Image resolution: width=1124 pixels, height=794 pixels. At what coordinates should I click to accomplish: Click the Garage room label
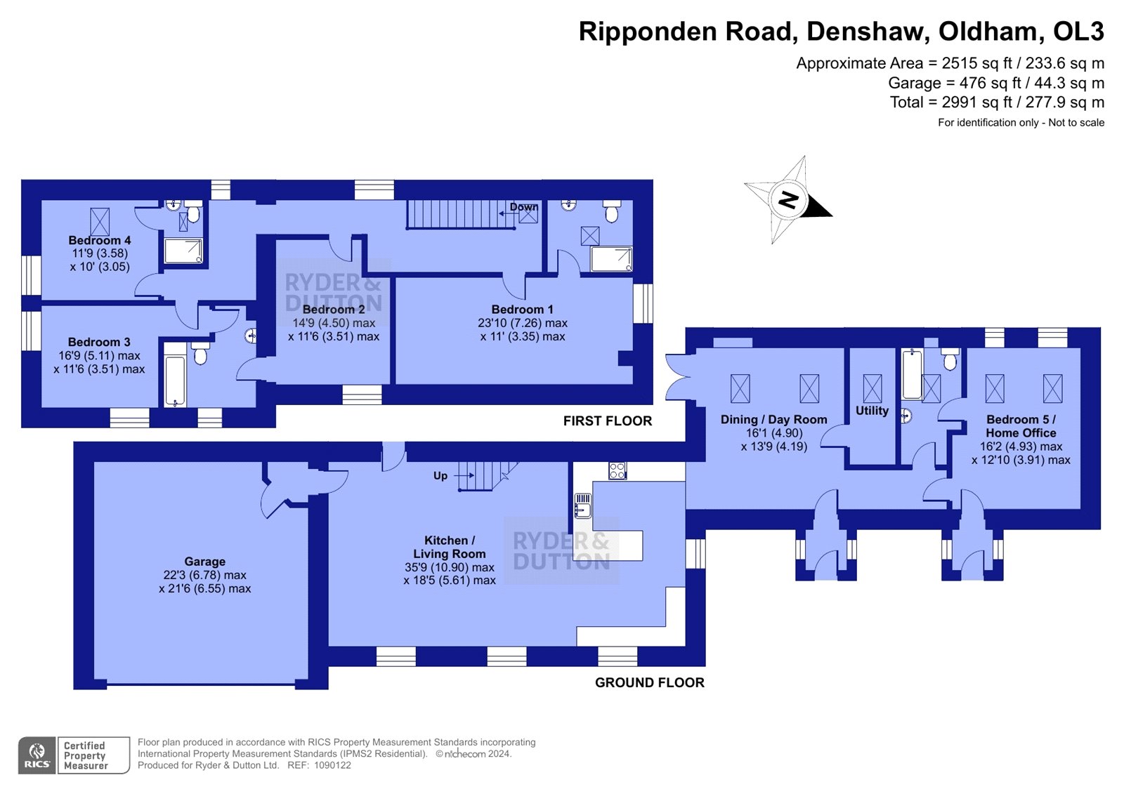click(204, 562)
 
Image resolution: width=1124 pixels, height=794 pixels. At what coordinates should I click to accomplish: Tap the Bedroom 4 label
click(100, 240)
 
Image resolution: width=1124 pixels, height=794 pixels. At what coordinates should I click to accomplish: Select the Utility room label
click(872, 411)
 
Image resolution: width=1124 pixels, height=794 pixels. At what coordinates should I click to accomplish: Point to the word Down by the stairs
click(523, 206)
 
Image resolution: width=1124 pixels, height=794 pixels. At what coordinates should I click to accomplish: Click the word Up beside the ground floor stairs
click(440, 475)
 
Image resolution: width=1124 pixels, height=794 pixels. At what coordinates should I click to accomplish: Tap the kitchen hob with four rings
click(617, 470)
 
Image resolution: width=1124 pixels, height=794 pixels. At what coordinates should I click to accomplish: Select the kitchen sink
click(583, 505)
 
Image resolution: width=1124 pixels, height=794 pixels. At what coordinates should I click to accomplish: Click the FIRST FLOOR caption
click(607, 421)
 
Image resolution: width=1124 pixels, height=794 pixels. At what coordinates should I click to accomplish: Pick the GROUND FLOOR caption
click(649, 682)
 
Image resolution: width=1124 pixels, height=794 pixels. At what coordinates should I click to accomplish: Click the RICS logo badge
click(37, 755)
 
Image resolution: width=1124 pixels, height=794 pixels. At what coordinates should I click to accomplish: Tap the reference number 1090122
click(332, 765)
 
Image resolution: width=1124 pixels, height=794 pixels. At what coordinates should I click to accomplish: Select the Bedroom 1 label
click(523, 310)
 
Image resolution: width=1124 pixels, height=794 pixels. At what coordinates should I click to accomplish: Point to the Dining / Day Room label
click(773, 419)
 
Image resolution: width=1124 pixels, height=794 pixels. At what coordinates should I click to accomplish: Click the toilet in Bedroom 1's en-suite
click(611, 211)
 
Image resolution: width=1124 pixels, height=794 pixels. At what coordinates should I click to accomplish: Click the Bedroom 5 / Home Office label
click(1021, 426)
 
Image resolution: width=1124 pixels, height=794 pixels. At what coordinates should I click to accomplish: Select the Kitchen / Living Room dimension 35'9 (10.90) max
click(449, 567)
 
